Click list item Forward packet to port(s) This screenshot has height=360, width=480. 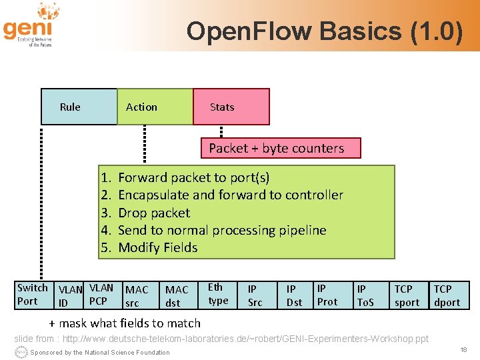tap(193, 177)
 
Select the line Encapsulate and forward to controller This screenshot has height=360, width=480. tap(230, 195)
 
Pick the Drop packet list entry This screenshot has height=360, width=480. tap(153, 213)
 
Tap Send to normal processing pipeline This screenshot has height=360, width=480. tap(221, 230)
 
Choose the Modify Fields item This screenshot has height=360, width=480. tap(157, 247)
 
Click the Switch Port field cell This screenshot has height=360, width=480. tap(32, 295)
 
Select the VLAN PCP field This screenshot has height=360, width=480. tap(101, 295)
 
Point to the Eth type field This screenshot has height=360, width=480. tap(218, 294)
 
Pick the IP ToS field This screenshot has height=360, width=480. tap(366, 295)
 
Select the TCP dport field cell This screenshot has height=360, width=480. tap(447, 295)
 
